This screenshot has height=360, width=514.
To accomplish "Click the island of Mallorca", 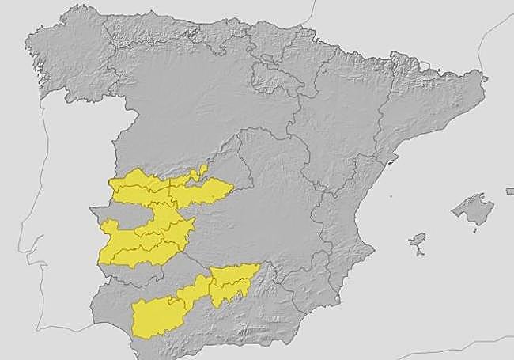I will pos(472,210).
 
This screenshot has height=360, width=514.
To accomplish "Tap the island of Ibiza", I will pos(418,239).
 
